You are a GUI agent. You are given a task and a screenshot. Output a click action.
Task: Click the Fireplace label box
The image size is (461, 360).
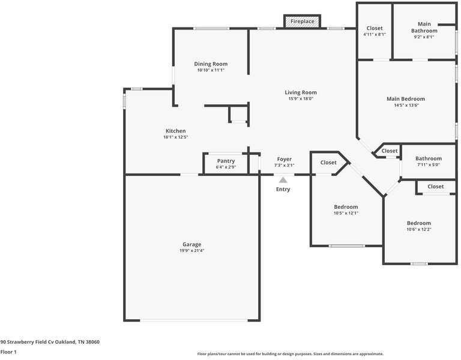pos(303,22)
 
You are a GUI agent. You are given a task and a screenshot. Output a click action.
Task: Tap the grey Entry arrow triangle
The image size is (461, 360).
pos(283,180)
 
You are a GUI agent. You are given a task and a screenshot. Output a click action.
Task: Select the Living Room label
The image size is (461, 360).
pos(301,92)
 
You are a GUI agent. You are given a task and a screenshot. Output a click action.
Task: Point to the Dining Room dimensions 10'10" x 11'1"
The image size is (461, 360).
pos(211,70)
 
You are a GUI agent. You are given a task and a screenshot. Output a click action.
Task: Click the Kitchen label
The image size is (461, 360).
pos(175,131)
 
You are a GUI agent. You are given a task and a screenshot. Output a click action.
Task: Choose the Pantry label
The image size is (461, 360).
pos(226,161)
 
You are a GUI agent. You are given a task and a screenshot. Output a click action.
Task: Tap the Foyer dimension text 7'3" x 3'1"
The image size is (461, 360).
pos(284,165)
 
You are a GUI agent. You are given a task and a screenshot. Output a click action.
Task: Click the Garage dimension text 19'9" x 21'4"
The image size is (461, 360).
pos(191,251)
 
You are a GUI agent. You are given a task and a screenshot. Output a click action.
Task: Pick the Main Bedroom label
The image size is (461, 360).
pos(406,99)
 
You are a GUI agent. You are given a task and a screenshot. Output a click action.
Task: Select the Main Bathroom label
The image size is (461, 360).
pos(424,28)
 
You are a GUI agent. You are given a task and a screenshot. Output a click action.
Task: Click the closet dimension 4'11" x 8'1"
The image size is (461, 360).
pos(375,34)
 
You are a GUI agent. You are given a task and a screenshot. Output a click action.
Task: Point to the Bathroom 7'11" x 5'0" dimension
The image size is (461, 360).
pos(429,164)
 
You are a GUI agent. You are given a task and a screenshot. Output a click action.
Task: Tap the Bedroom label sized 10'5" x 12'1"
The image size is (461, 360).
pos(346,206)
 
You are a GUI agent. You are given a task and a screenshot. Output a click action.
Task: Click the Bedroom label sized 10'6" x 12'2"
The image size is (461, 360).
pos(418,223)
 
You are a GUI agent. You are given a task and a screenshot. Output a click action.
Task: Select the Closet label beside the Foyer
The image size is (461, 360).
pos(328,162)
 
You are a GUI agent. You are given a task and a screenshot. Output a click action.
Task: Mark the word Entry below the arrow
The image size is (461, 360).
pos(283,189)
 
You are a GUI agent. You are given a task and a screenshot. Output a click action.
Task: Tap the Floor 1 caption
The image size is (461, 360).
pos(8,352)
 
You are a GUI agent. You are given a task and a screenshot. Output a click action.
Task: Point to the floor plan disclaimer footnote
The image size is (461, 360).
pos(290,354)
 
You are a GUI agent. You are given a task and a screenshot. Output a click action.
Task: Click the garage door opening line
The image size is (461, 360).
pos(194,320)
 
